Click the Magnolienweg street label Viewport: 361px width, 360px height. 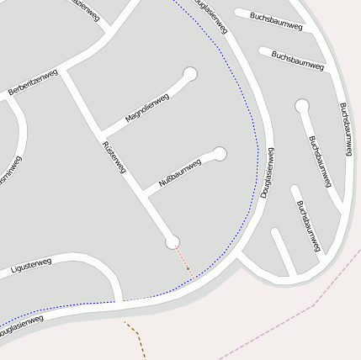[x=147, y=109]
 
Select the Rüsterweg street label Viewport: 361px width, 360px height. [x=113, y=157]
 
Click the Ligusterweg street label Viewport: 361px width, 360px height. [x=31, y=267]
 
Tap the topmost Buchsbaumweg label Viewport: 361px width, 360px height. [x=274, y=20]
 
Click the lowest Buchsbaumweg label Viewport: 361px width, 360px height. [x=309, y=225]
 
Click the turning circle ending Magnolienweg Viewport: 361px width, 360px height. [x=190, y=74]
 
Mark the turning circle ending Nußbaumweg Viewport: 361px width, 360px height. [x=220, y=153]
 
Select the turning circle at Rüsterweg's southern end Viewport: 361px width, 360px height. [x=173, y=242]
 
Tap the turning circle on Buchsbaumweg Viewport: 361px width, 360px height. [x=302, y=106]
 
